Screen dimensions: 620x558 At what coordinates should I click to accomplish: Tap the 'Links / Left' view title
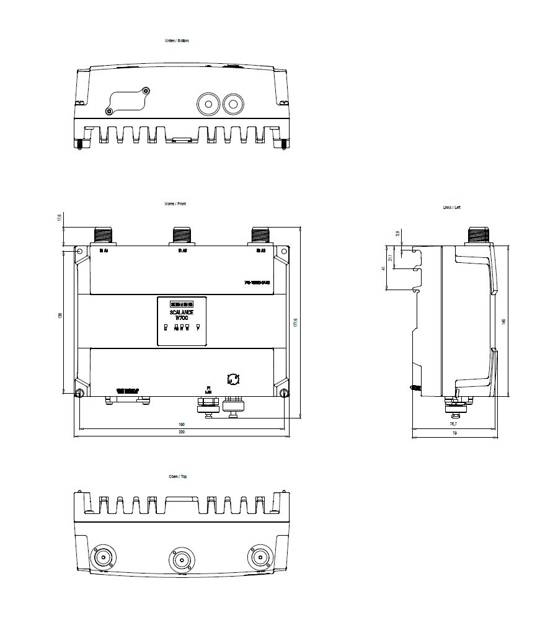[x=451, y=207]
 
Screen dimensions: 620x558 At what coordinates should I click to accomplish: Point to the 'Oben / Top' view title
[x=179, y=476]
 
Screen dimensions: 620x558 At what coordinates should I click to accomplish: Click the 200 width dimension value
[x=181, y=432]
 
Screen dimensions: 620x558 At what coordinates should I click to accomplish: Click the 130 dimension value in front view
[x=60, y=316]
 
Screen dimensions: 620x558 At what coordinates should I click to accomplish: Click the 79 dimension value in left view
[x=454, y=433]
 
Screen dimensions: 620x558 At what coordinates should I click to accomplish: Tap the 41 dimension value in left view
[x=384, y=268]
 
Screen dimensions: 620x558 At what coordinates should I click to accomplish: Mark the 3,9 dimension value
[x=397, y=234]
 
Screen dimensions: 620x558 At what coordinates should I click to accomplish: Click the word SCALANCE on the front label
[x=181, y=312]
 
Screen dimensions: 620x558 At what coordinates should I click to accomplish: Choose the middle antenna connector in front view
[x=181, y=235]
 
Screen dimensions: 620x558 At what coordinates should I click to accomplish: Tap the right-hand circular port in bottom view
[x=232, y=104]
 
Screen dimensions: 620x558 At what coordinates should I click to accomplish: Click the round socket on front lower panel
[x=234, y=379]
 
